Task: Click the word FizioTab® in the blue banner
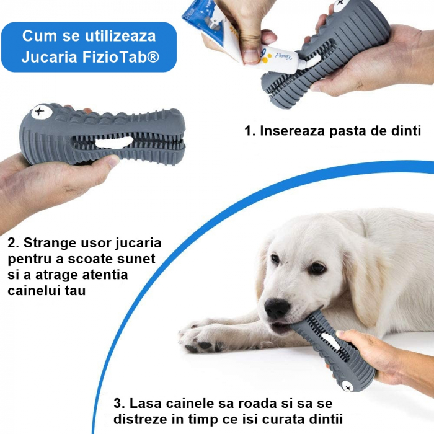[123, 57]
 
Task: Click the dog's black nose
[276, 308]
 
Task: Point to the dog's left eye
[317, 268]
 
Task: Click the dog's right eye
[275, 259]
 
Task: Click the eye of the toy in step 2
[40, 113]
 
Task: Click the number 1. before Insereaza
[250, 131]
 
